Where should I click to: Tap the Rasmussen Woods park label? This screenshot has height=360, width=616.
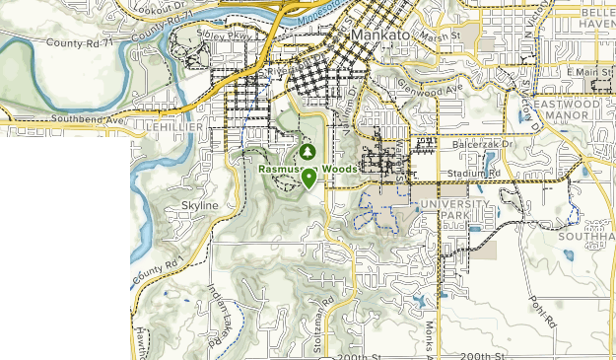click(x=305, y=169)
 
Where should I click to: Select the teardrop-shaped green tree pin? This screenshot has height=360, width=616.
click(x=309, y=179)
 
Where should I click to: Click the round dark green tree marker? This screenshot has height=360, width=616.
click(x=308, y=152)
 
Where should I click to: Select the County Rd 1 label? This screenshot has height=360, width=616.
click(x=158, y=267)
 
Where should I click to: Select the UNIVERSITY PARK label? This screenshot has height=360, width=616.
click(x=453, y=209)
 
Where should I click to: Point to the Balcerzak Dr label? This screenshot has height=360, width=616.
click(x=479, y=144)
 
